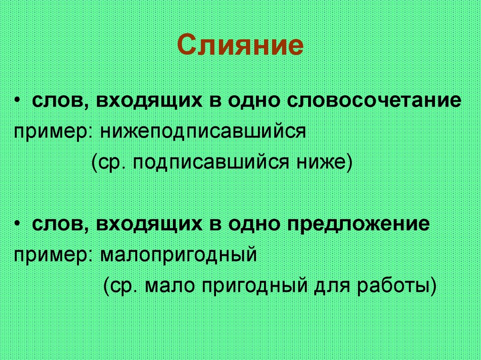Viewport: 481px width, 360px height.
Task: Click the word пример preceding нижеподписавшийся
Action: (x=53, y=132)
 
